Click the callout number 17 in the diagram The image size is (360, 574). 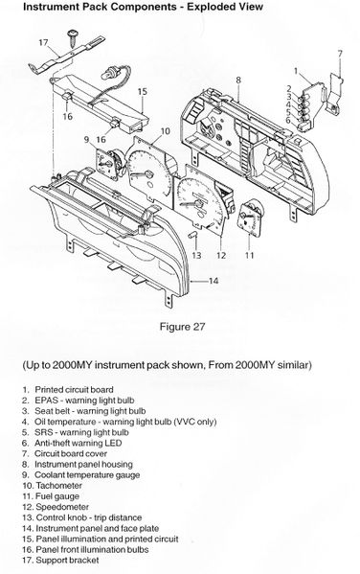coord(43,43)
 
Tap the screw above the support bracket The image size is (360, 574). coord(73,38)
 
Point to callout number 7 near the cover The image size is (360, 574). coord(340,54)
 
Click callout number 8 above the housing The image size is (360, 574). coord(238,80)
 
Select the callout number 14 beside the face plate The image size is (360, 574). coord(214,281)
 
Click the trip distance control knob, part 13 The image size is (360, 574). coord(193,235)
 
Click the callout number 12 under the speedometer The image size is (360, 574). coord(221,255)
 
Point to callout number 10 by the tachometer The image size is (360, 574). coord(166,131)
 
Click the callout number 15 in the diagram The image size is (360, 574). coord(142,91)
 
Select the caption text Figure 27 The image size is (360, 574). coord(182,327)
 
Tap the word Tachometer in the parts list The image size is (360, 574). coord(59,486)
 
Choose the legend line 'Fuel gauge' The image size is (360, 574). coord(57,496)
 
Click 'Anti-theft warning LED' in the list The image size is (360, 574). coord(78,443)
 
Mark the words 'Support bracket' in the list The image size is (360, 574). coord(67,560)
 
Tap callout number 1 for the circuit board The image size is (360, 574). coord(296,71)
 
